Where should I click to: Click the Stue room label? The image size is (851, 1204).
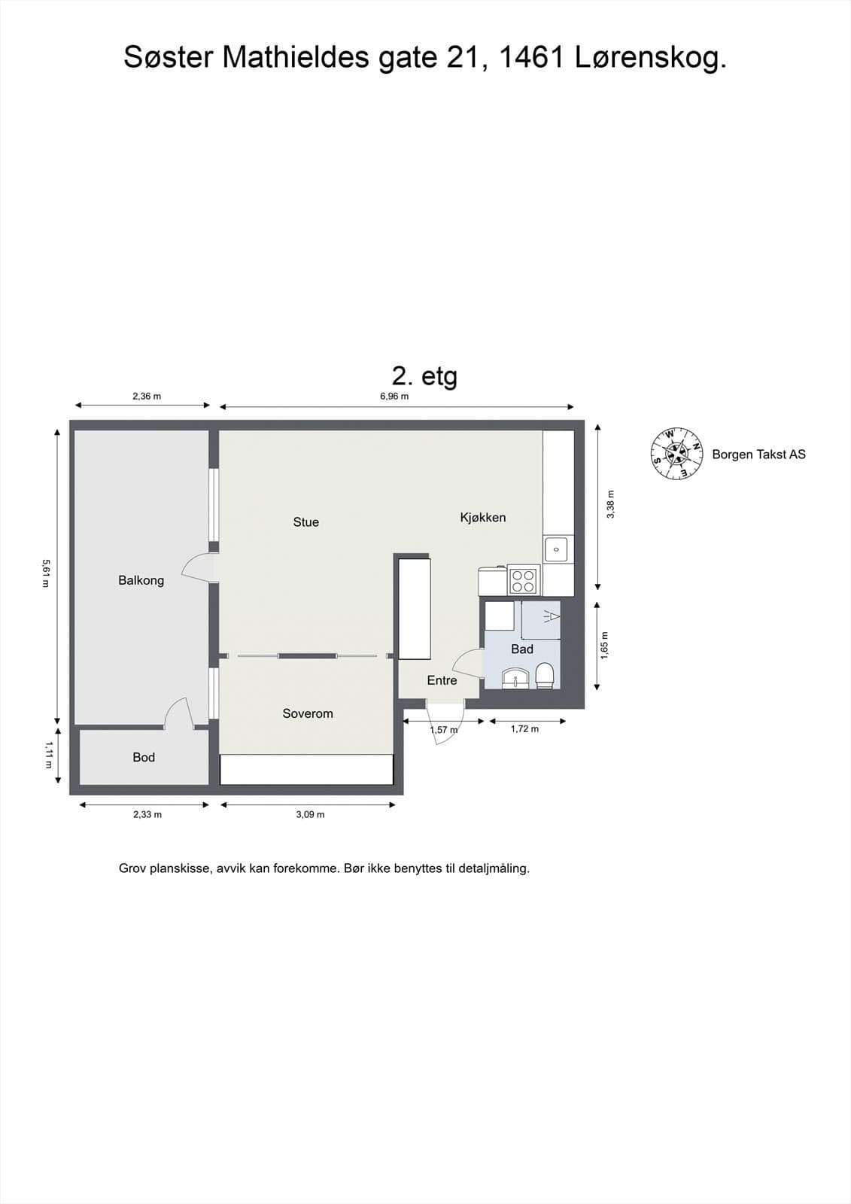(306, 522)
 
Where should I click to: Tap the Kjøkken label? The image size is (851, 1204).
(483, 518)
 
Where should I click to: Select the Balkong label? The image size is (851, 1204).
(141, 580)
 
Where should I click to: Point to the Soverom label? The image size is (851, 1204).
(308, 713)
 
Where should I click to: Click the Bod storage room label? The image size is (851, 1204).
(144, 757)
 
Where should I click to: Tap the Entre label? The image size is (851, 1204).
(442, 680)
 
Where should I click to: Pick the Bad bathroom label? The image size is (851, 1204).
(522, 649)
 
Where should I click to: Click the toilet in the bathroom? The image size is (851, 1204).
(545, 676)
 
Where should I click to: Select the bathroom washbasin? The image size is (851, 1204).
(515, 678)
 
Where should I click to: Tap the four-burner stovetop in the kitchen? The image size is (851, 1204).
(524, 580)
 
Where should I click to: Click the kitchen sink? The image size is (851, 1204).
(557, 549)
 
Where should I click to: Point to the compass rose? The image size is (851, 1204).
(677, 455)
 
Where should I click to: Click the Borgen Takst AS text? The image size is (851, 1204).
(758, 455)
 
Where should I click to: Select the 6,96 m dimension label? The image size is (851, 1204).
(394, 397)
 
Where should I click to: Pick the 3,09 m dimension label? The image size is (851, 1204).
(310, 814)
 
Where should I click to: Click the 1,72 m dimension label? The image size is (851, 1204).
(524, 729)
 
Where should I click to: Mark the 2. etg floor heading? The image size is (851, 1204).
(424, 376)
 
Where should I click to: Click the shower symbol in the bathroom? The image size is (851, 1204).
(549, 616)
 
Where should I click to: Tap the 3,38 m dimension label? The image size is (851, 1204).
(610, 504)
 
